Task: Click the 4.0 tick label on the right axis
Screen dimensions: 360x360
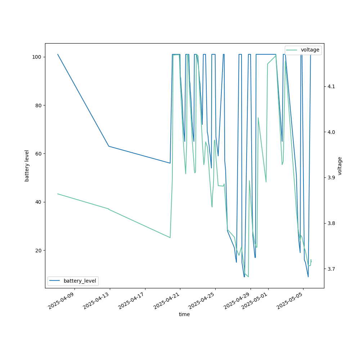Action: pyautogui.click(x=331, y=132)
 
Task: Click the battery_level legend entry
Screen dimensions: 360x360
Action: pyautogui.click(x=80, y=281)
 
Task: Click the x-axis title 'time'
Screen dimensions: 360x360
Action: pyautogui.click(x=184, y=314)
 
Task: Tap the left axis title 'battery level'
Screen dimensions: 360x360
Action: pyautogui.click(x=27, y=166)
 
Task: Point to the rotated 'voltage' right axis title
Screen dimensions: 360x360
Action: pyautogui.click(x=340, y=166)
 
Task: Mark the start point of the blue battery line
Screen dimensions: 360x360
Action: pyautogui.click(x=58, y=54)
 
